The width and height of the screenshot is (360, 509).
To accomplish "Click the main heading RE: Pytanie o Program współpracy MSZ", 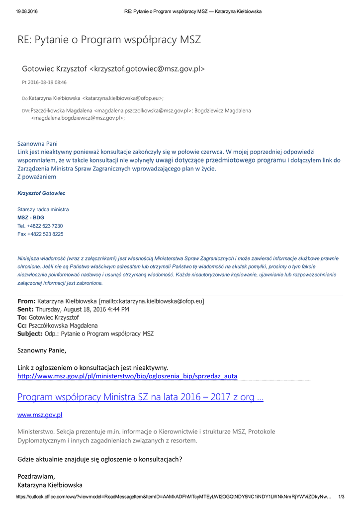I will [109, 40].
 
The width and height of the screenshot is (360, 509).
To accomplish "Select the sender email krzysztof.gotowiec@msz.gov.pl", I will [147, 69].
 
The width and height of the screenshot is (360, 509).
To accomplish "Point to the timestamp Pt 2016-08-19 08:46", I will [44, 83].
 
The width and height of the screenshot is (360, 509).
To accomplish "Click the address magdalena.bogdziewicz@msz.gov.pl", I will [77, 118].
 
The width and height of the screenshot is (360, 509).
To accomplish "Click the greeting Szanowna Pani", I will [37, 144].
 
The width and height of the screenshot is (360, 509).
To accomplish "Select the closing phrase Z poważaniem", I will [37, 176].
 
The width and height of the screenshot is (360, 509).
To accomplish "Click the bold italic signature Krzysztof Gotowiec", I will [41, 193].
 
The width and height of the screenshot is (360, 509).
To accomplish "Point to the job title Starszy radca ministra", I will [43, 209].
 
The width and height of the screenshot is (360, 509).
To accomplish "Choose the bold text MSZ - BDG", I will [31, 218].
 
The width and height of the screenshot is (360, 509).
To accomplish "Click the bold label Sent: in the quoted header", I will [26, 309].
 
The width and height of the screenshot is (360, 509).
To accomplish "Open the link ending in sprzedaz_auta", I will [127, 376].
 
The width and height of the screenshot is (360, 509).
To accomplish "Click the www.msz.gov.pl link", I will [40, 415].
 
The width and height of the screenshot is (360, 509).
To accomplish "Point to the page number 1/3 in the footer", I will [341, 497].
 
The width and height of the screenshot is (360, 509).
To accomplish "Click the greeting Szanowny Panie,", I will [42, 350].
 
